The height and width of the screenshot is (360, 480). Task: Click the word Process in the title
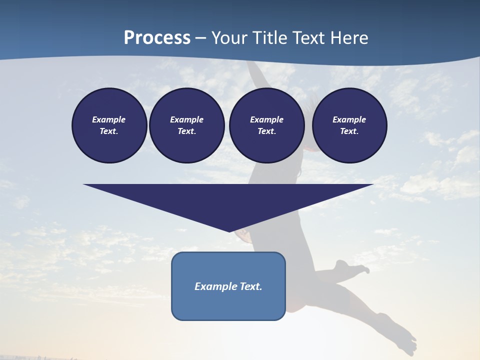157,38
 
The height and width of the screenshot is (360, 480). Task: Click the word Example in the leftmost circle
109,119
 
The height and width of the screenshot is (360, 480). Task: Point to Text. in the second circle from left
186,131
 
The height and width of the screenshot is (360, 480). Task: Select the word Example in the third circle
266,119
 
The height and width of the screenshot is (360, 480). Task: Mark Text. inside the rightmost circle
349,131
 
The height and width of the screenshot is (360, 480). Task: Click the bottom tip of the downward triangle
229,231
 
